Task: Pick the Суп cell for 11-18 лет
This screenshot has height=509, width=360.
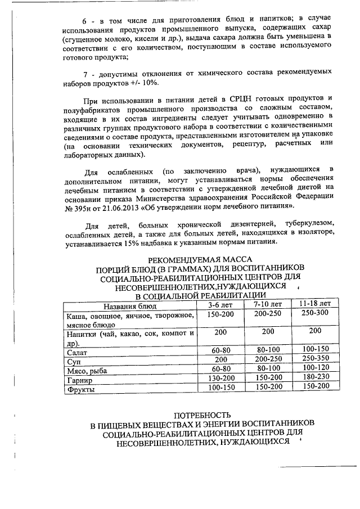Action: coord(315,359)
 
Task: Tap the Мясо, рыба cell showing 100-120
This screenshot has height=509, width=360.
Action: coord(315,368)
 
